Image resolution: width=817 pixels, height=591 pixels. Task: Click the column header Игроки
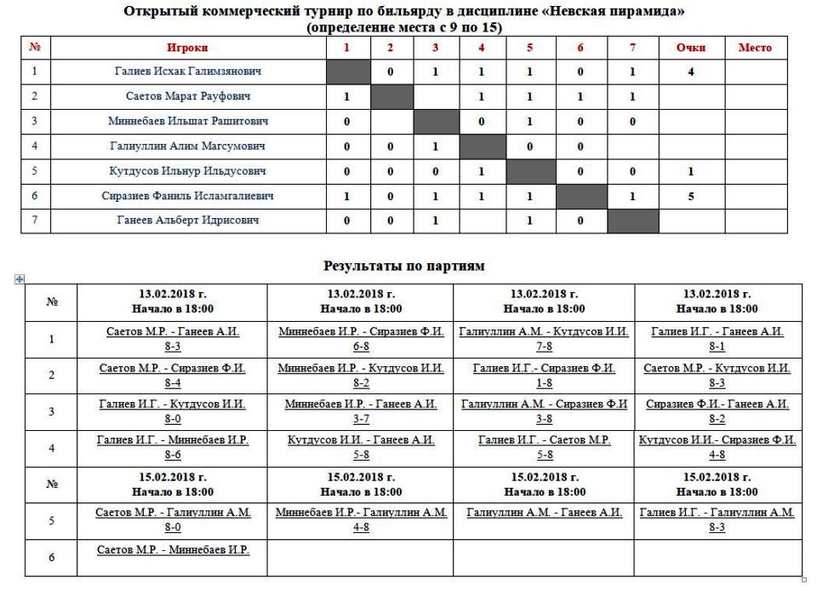[188, 48]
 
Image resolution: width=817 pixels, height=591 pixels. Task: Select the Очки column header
[690, 48]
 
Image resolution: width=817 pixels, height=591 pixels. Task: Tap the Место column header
[755, 48]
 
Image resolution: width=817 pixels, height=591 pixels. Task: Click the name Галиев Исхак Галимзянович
[188, 72]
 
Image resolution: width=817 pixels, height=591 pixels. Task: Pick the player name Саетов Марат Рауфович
[188, 96]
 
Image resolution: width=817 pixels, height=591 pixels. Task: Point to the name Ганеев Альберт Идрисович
[188, 221]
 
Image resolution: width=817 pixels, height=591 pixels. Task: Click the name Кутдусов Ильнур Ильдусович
[188, 171]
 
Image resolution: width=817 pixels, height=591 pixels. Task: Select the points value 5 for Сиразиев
[690, 196]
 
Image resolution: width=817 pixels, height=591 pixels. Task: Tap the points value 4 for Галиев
[690, 72]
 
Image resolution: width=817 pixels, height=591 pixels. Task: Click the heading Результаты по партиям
[404, 266]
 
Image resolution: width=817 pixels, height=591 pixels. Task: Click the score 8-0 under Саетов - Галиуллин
[173, 527]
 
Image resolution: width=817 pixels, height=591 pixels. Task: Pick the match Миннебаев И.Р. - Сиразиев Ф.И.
[361, 331]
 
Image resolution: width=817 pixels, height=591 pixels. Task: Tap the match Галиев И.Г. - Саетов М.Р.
[544, 440]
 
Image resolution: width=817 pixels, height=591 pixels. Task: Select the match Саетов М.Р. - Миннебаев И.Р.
[173, 549]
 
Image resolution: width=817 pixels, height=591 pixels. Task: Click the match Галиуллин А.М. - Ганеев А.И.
[544, 513]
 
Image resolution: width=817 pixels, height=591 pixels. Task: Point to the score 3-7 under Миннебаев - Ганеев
[361, 418]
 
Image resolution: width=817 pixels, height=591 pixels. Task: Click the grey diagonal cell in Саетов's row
[391, 96]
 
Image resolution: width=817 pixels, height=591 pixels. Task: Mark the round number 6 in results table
[51, 558]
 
